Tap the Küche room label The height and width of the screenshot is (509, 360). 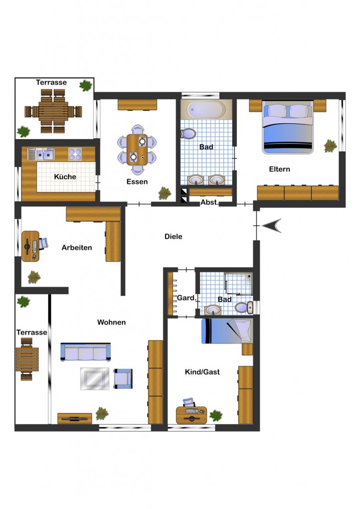point(65,176)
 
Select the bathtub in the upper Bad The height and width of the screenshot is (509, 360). point(206,109)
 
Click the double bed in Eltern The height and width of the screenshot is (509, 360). point(287,127)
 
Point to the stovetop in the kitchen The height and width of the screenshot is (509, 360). point(75,154)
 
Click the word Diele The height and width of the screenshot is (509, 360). point(174,236)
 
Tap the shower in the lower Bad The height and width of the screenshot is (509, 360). point(238,284)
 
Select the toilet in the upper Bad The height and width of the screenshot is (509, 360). point(188,134)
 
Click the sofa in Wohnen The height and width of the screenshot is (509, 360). point(86,352)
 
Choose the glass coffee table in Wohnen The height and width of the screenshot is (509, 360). point(95,378)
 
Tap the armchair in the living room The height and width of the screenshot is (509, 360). point(123,378)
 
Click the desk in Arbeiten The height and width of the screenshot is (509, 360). point(30,246)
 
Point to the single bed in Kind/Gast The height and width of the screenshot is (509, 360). point(227,331)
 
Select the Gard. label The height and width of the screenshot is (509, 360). point(186,298)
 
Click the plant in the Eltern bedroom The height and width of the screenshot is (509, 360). point(330,146)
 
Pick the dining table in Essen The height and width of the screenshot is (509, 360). point(137,150)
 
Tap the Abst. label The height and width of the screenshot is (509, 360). point(209,202)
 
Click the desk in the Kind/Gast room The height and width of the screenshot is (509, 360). point(191,415)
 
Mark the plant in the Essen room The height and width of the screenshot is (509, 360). point(165,193)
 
